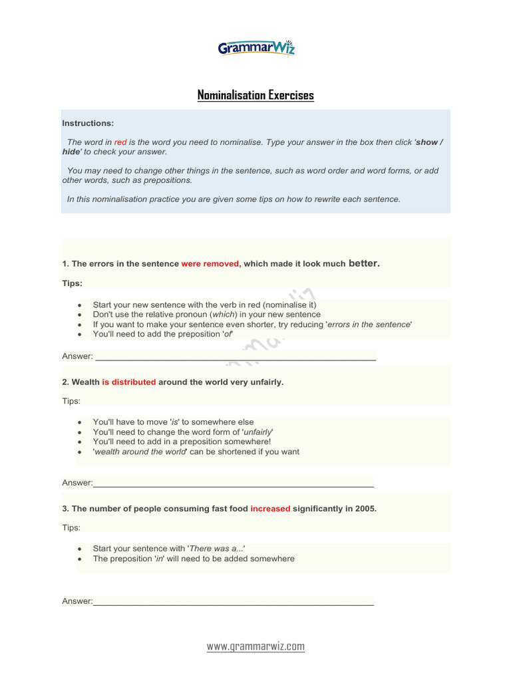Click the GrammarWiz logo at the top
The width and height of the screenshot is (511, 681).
(x=256, y=48)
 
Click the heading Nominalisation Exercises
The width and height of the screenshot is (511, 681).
(x=255, y=95)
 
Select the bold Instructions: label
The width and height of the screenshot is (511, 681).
(x=88, y=123)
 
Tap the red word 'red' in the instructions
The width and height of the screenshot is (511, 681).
(x=120, y=142)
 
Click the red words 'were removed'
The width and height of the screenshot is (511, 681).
(x=210, y=264)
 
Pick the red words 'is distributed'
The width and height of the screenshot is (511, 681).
(x=128, y=382)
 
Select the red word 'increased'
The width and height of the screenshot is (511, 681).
(x=270, y=509)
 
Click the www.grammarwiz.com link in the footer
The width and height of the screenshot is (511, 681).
(x=255, y=646)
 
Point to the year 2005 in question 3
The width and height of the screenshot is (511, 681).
(x=365, y=509)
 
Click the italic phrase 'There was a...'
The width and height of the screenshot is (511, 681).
(x=217, y=549)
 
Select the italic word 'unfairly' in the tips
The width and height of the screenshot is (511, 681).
(x=259, y=432)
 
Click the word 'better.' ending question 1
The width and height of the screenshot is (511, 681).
(x=364, y=263)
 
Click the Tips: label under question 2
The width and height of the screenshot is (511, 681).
(x=71, y=402)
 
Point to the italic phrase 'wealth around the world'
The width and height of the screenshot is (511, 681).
(x=139, y=452)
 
